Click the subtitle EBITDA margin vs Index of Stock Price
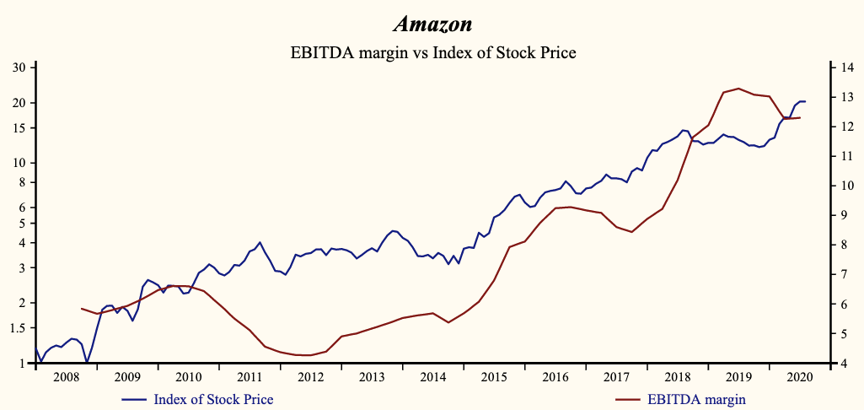(432, 52)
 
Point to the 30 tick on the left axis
(19, 67)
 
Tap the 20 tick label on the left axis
(19, 103)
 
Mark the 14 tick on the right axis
(845, 67)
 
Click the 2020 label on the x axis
(797, 377)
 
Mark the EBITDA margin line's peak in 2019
(738, 88)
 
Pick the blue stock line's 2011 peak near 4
(260, 242)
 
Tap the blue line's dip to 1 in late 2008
(87, 363)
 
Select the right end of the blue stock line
(805, 101)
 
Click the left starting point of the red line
(81, 309)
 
